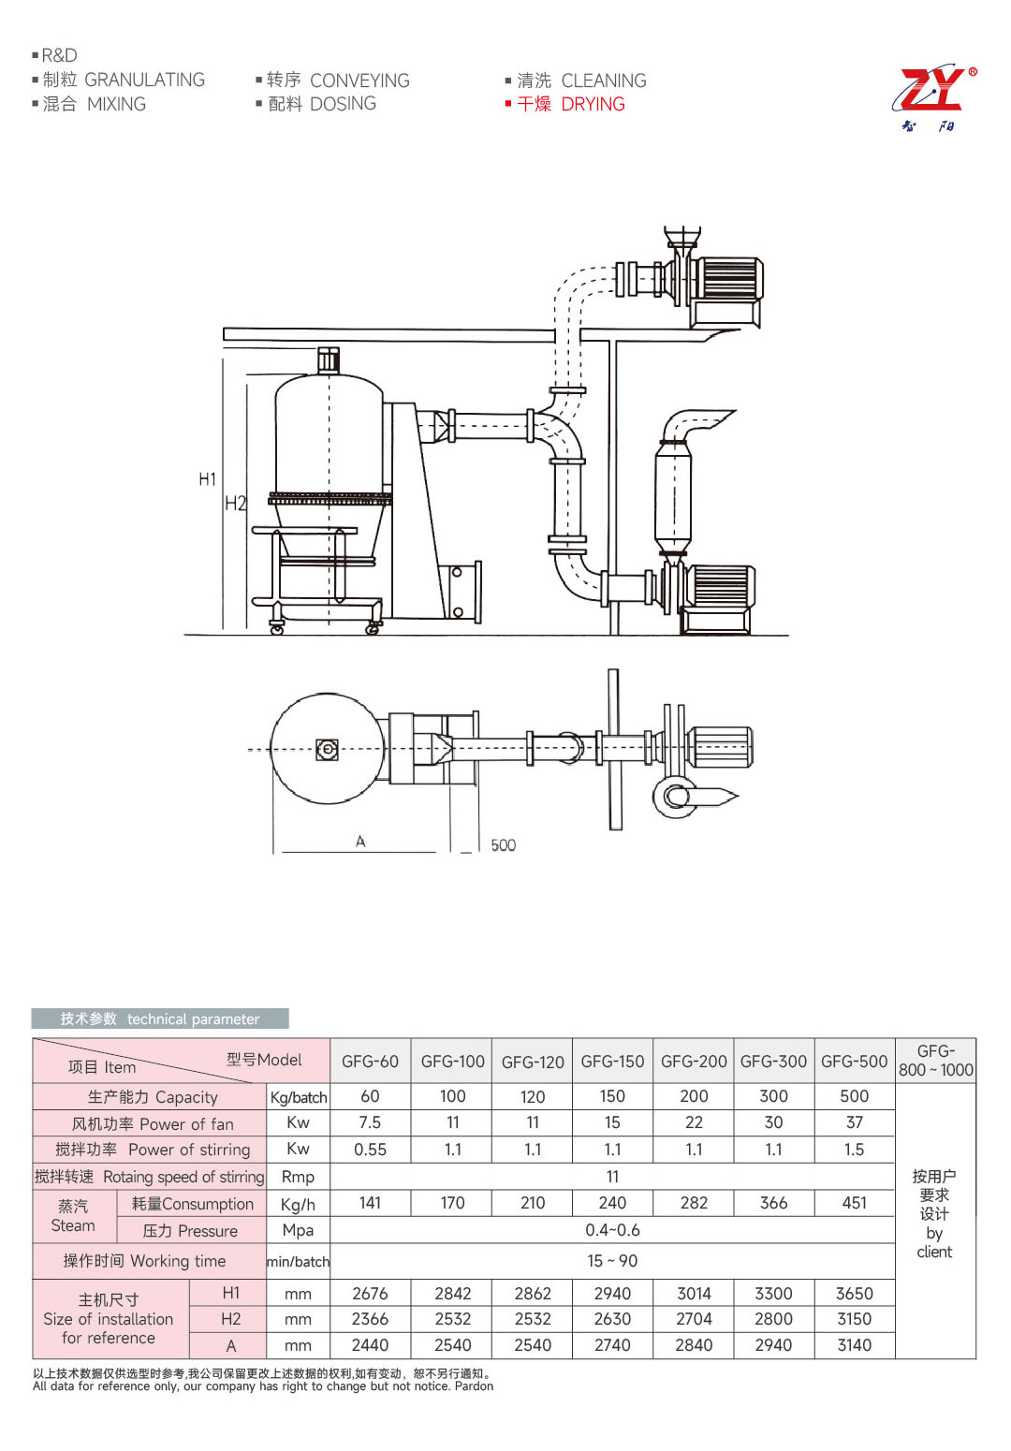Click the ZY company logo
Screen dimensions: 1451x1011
[933, 97]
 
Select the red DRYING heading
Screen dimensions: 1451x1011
[593, 104]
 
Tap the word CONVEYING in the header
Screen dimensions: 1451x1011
[359, 81]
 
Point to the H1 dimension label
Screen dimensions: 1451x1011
[207, 479]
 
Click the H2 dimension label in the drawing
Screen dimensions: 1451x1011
[234, 504]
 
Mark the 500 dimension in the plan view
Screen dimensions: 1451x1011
[503, 845]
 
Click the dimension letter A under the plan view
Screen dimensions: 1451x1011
[360, 842]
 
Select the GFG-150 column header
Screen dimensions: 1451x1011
[612, 1062]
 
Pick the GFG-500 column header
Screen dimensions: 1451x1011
[854, 1062]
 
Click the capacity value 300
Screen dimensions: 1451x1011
[773, 1096]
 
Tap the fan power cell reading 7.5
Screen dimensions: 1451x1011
[370, 1122]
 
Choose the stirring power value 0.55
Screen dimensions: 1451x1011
[370, 1150]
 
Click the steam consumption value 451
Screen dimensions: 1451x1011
[854, 1203]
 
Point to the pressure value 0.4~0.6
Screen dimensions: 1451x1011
[612, 1230]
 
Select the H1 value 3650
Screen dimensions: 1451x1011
[854, 1294]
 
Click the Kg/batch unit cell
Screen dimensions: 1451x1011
[299, 1097]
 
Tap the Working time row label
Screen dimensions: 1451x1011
[144, 1261]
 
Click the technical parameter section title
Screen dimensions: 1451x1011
[160, 1019]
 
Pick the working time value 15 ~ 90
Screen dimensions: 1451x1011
[612, 1261]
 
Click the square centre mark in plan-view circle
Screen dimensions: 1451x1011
[327, 749]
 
